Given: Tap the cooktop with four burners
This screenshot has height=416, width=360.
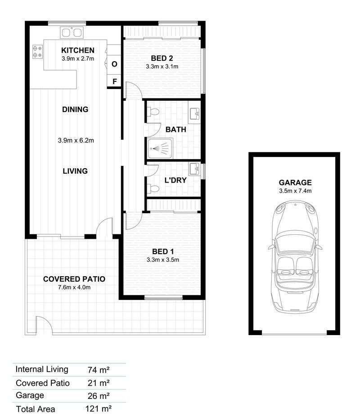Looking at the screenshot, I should pyautogui.click(x=37, y=52).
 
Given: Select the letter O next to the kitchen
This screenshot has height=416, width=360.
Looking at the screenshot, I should pyautogui.click(x=114, y=64).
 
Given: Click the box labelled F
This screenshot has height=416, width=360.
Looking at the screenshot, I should pyautogui.click(x=114, y=81).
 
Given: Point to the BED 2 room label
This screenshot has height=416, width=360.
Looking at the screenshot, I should pyautogui.click(x=162, y=58).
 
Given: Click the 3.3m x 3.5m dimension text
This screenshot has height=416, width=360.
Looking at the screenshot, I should pyautogui.click(x=162, y=259).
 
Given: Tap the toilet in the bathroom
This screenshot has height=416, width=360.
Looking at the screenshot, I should pyautogui.click(x=153, y=112).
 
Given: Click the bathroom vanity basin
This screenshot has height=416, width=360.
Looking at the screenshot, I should pyautogui.click(x=195, y=114).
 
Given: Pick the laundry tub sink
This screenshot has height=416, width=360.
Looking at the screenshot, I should pyautogui.click(x=195, y=170).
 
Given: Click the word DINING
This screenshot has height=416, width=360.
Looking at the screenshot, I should pyautogui.click(x=75, y=109).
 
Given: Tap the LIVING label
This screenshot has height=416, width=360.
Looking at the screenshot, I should pyautogui.click(x=75, y=171).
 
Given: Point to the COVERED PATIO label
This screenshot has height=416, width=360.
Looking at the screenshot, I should pyautogui.click(x=74, y=279).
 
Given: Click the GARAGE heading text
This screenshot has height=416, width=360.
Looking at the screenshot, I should pyautogui.click(x=295, y=183).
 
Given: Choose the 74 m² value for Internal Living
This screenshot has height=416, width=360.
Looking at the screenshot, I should pyautogui.click(x=99, y=370).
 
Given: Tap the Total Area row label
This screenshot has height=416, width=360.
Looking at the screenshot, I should pyautogui.click(x=36, y=409).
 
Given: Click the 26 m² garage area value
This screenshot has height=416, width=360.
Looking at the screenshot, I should pyautogui.click(x=99, y=396).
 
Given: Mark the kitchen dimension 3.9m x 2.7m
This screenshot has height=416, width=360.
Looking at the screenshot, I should pyautogui.click(x=78, y=58).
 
